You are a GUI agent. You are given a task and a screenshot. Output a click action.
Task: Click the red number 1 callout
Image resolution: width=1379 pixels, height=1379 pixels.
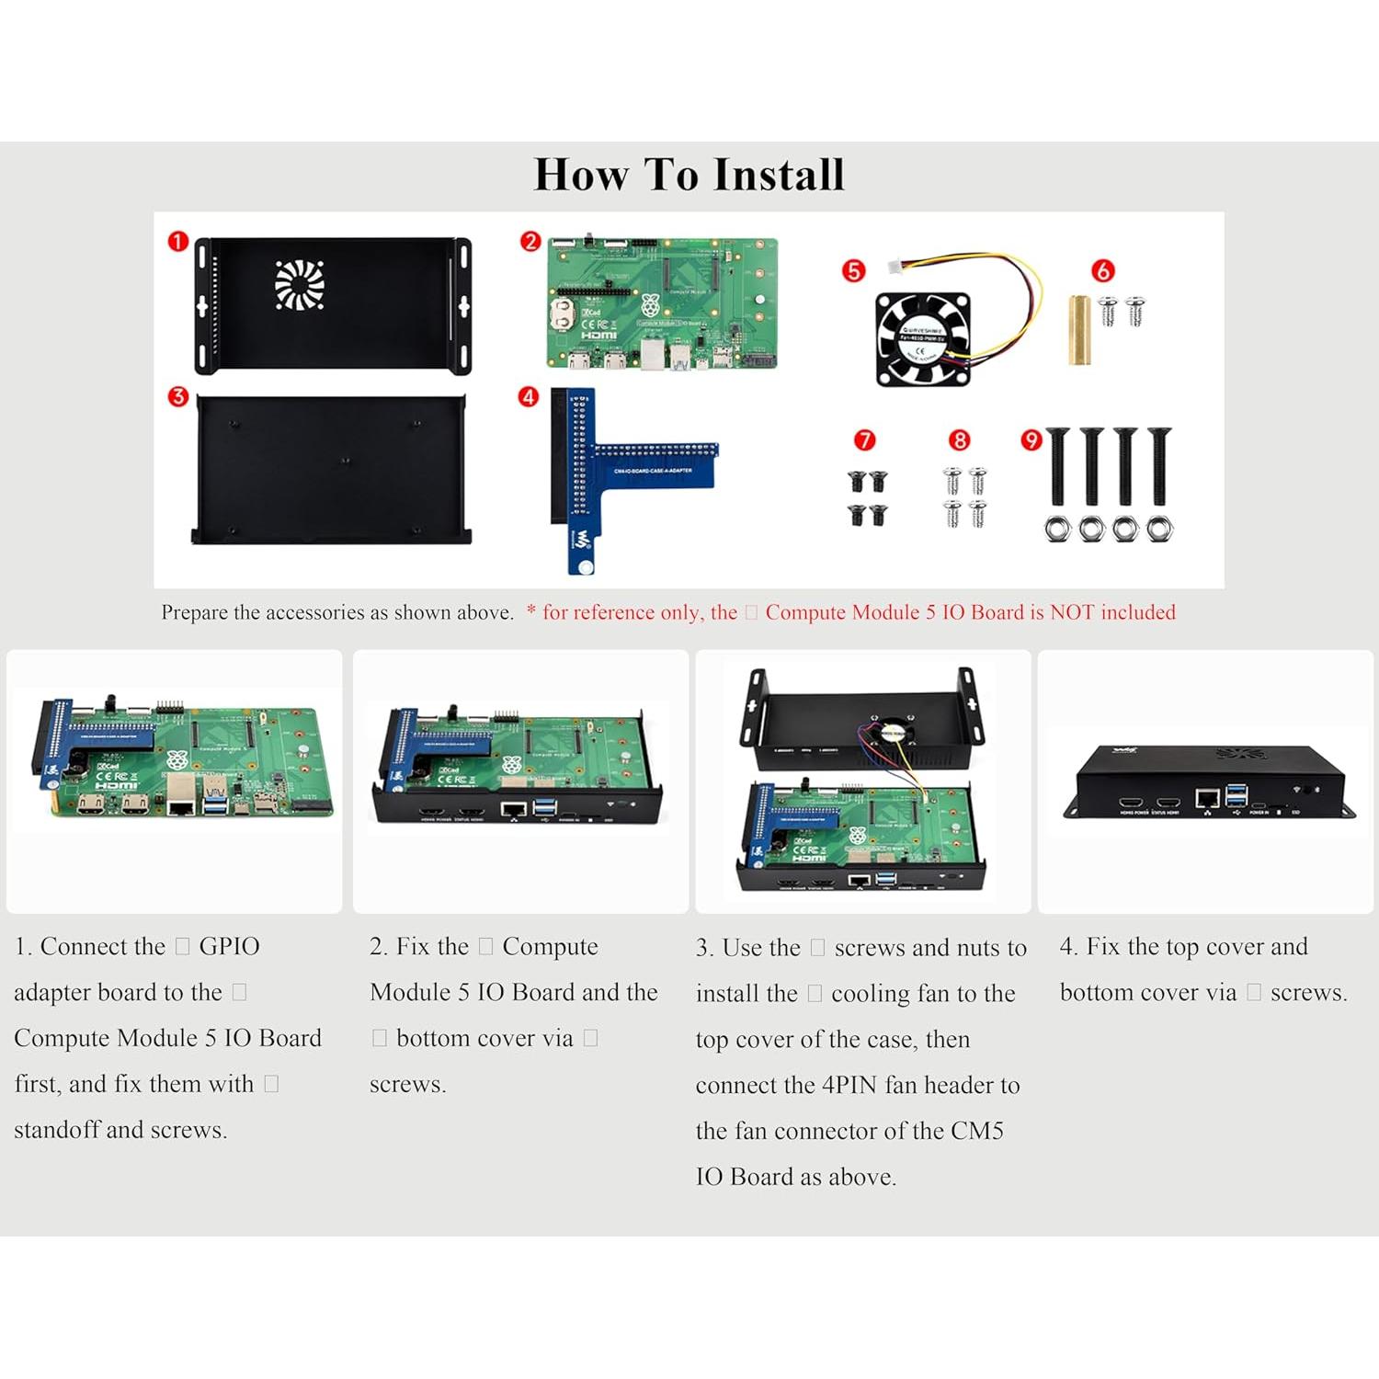tap(177, 242)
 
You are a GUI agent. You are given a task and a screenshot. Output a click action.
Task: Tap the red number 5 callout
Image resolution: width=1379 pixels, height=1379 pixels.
tap(854, 270)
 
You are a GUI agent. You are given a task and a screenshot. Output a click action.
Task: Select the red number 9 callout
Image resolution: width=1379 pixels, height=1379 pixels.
tap(1031, 440)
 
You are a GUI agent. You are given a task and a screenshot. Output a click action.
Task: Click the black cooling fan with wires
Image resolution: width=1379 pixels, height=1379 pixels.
tap(923, 338)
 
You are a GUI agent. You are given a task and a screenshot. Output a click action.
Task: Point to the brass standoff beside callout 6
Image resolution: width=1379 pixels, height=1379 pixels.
tap(1079, 329)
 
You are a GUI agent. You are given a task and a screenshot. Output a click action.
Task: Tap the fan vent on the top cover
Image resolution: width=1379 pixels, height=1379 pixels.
tap(300, 284)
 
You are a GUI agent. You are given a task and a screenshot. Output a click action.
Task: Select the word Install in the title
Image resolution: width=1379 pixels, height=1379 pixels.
tap(779, 175)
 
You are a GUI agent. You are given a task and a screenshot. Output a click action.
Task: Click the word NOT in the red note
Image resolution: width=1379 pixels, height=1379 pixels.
tap(1072, 612)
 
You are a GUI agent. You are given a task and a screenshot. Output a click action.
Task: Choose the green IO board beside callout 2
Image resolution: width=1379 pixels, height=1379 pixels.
tap(662, 303)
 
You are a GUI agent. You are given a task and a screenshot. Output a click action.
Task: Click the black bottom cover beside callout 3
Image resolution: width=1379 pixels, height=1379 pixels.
tap(331, 469)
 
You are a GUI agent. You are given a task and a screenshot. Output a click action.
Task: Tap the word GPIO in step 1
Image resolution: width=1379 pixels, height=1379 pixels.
tap(229, 946)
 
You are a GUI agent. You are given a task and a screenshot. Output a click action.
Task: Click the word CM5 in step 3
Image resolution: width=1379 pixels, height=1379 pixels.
tap(976, 1131)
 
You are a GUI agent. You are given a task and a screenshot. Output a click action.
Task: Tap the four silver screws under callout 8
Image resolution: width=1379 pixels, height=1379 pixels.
tap(964, 496)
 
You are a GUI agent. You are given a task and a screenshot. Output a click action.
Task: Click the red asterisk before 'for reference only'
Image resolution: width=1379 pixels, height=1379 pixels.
tap(531, 610)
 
